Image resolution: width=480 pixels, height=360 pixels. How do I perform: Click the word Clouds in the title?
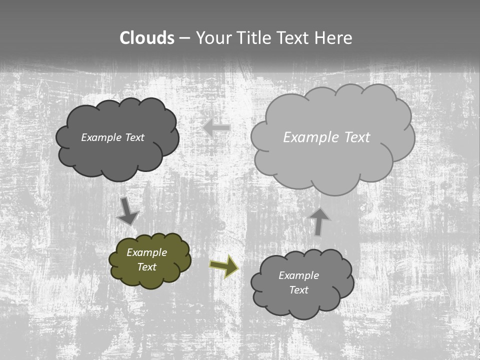[147, 38]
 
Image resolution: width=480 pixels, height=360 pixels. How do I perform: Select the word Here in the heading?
[333, 38]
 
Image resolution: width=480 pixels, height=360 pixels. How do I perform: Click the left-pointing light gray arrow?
[216, 128]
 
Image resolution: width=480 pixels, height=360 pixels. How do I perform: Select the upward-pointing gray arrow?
[319, 221]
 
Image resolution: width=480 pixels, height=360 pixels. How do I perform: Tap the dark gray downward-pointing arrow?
[127, 210]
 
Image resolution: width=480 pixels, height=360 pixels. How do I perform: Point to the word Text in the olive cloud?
[147, 267]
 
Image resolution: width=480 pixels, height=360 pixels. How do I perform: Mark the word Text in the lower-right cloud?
[298, 290]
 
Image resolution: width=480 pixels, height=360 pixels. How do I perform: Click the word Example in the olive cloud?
[147, 252]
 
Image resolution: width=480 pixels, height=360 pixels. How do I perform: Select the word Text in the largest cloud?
[357, 137]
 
